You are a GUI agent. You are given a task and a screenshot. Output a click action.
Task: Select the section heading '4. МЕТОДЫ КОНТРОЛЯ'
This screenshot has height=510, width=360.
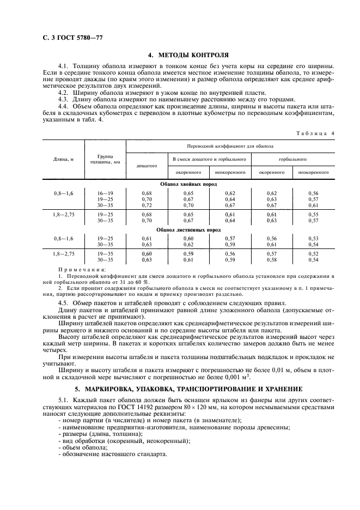[x=188, y=55]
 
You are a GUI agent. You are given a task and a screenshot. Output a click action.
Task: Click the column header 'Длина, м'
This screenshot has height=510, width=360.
[x=63, y=159]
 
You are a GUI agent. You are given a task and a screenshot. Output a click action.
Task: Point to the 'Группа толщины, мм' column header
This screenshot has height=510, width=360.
[x=105, y=159]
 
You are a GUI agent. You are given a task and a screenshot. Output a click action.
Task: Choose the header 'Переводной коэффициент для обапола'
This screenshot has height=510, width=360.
[x=230, y=146]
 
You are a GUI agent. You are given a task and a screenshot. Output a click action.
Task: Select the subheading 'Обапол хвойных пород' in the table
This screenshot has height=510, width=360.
[x=188, y=185]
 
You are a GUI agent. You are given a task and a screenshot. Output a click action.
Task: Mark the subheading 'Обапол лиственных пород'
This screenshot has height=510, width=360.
[x=188, y=230]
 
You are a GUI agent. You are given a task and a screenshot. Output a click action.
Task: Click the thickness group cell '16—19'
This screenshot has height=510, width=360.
[x=105, y=193]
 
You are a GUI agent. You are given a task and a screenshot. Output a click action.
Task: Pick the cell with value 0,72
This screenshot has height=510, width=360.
[x=146, y=205]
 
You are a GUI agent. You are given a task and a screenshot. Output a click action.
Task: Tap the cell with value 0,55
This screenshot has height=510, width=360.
[x=313, y=215]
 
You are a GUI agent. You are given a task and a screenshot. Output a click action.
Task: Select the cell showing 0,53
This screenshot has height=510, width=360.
[x=313, y=239]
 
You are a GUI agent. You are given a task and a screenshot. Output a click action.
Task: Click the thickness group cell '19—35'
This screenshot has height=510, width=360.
[x=105, y=254]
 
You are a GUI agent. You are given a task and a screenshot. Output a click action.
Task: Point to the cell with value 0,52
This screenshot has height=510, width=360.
[x=313, y=254]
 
